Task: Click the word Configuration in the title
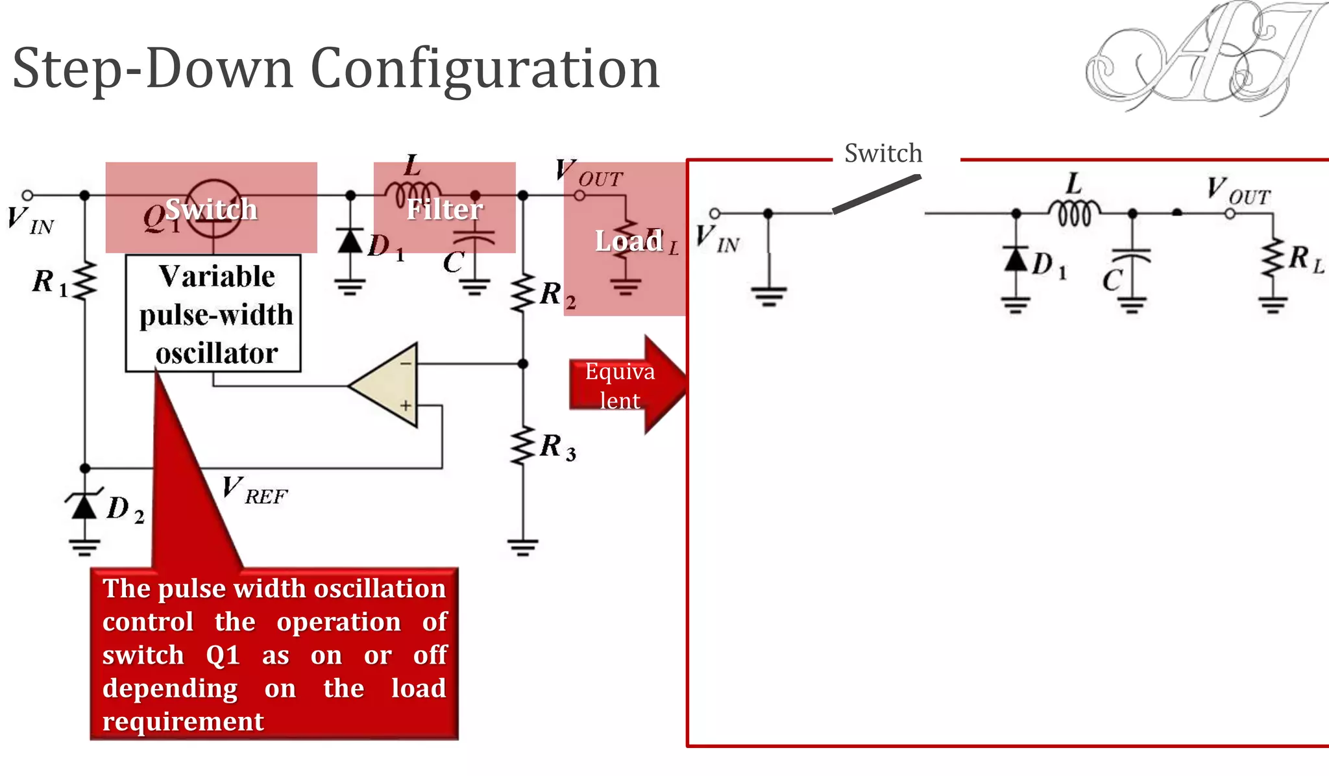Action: (x=485, y=69)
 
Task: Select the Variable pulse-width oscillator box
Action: (x=213, y=314)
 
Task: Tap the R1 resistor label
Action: (x=49, y=282)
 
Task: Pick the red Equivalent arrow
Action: (x=626, y=385)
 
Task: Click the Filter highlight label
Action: (x=445, y=209)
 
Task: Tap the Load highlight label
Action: (x=628, y=241)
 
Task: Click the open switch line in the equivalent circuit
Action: (x=876, y=194)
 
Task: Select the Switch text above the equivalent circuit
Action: (x=883, y=153)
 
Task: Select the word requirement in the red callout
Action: (x=183, y=721)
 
